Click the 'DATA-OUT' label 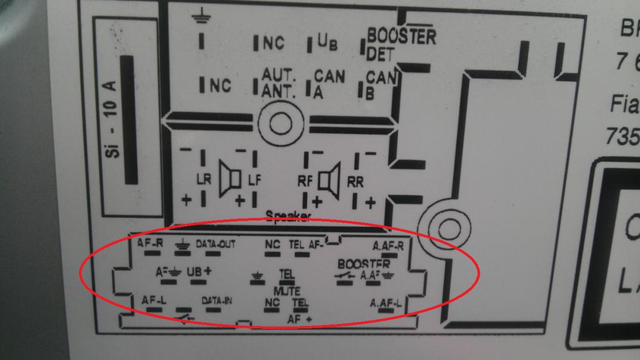pyautogui.click(x=216, y=244)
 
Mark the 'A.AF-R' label pyautogui.click(x=388, y=245)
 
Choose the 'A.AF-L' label pyautogui.click(x=386, y=303)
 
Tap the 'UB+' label pyautogui.click(x=199, y=271)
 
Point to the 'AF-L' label pyautogui.click(x=153, y=300)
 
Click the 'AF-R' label pyautogui.click(x=150, y=243)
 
